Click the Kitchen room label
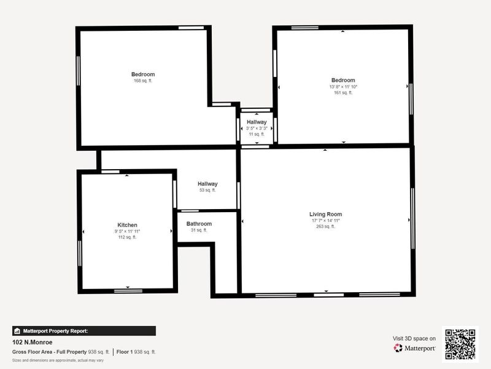128,225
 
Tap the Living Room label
325,214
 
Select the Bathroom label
199,224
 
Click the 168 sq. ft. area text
143,81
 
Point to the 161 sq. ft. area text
343,93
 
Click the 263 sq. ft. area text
325,226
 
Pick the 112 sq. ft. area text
128,237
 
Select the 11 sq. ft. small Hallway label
257,134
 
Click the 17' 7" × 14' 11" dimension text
325,220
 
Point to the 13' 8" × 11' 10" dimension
343,87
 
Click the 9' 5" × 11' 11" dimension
128,231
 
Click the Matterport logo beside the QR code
415,347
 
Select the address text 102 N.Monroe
32,342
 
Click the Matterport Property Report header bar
83,331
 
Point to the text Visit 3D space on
414,338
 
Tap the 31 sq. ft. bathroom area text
199,230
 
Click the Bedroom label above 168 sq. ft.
143,74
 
